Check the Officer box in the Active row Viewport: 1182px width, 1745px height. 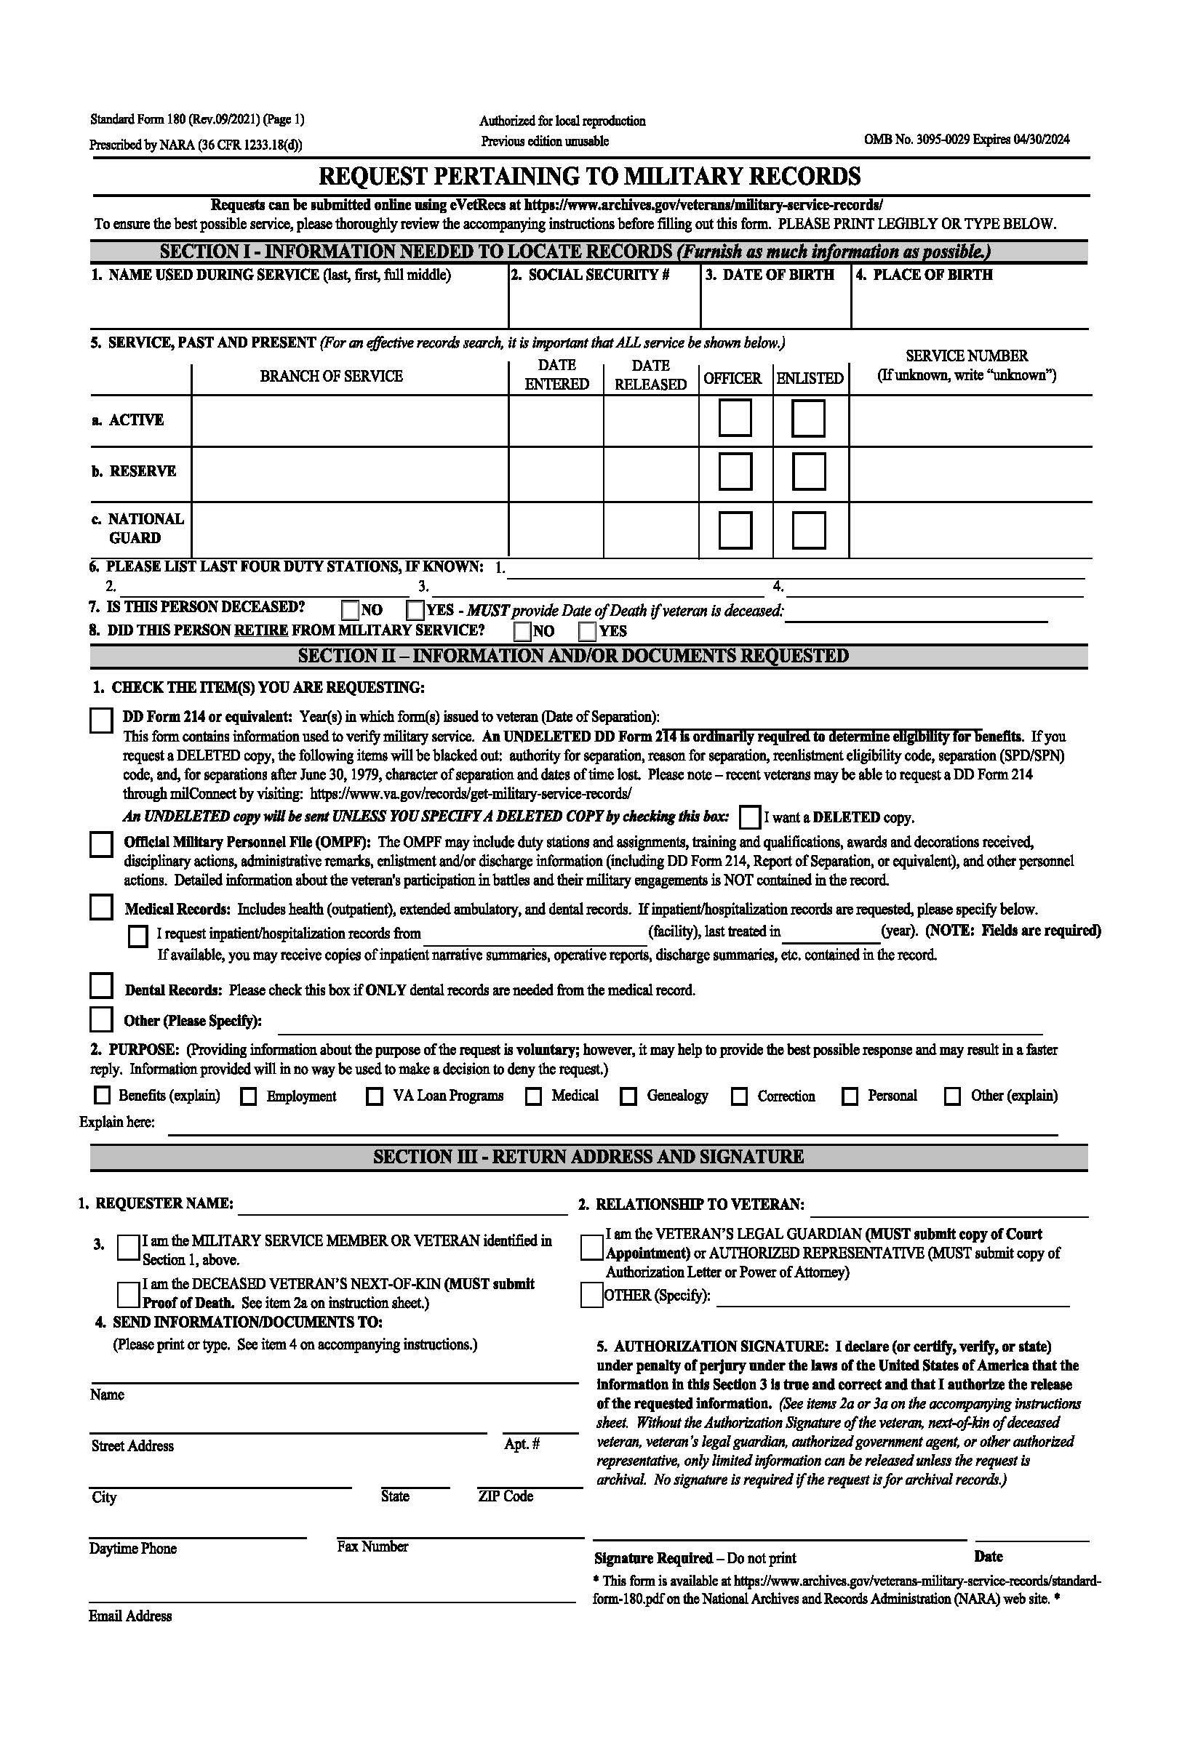click(735, 418)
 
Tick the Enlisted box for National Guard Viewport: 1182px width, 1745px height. click(809, 529)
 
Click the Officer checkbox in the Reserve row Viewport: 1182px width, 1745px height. click(735, 472)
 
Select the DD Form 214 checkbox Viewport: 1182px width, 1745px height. click(100, 720)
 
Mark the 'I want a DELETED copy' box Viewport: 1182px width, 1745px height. click(748, 817)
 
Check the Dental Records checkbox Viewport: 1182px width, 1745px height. click(100, 985)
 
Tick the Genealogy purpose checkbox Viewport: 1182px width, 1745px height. click(628, 1096)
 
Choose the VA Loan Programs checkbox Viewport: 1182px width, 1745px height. click(374, 1096)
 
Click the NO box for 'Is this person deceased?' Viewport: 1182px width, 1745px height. click(350, 609)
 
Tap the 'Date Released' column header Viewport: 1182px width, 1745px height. click(650, 374)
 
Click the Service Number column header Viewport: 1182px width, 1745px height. click(967, 365)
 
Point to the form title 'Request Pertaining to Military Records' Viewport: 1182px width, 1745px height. click(589, 177)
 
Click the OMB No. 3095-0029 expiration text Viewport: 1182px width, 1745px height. click(967, 139)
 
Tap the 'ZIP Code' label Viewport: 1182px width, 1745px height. click(506, 1496)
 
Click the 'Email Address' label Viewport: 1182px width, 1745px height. click(130, 1616)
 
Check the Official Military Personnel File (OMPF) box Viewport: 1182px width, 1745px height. click(100, 844)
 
